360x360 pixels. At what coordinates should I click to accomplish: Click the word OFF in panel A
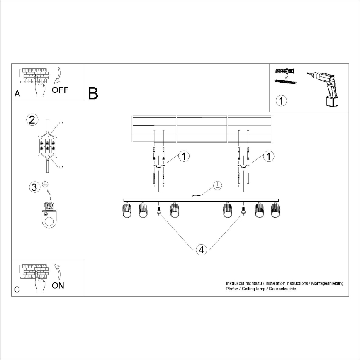pos(60,90)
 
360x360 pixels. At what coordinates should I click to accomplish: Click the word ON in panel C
pos(58,286)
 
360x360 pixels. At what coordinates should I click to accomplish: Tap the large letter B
pos(93,94)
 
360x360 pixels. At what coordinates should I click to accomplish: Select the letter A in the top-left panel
pos(17,94)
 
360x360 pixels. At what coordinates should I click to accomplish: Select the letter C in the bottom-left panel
pos(17,290)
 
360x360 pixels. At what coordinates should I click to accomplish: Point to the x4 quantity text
pos(287,77)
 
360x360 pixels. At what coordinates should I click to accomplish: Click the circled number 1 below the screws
pos(282,100)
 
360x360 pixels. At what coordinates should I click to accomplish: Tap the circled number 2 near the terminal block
pos(32,120)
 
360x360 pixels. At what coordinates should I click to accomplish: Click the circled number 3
pos(34,187)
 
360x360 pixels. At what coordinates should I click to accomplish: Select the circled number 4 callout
pos(201,250)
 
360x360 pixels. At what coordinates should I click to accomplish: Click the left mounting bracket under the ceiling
pos(159,167)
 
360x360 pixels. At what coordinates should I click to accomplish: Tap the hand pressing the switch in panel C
pos(40,285)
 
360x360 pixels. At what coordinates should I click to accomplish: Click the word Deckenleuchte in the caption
pos(282,289)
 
